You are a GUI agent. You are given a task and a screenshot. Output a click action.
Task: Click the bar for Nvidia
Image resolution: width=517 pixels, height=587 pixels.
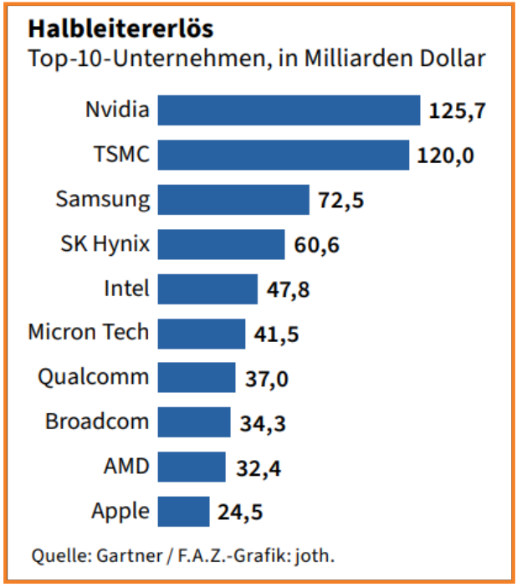(x=289, y=110)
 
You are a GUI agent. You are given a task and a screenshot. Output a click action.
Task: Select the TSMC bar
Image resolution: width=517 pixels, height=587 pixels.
(x=284, y=155)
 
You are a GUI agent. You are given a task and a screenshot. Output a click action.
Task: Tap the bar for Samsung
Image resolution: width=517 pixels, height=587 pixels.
(x=233, y=200)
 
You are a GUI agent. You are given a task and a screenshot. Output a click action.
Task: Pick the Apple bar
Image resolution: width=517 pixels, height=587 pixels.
(x=183, y=511)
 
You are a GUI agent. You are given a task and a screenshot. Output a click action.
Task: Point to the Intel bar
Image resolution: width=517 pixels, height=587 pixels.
(x=207, y=288)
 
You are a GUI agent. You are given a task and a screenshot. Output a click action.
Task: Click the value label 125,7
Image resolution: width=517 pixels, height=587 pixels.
(x=458, y=110)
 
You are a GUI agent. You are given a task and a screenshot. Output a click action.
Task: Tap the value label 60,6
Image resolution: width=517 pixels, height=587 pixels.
(x=316, y=245)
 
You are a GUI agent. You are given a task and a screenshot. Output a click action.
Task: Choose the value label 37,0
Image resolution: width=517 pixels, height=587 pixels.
(x=267, y=379)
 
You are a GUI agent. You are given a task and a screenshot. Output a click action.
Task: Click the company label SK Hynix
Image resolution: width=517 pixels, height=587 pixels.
(x=105, y=244)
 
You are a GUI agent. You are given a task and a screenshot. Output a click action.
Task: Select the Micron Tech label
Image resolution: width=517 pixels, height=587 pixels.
(x=88, y=332)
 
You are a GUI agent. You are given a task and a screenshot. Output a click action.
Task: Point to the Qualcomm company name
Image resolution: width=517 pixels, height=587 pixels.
(x=93, y=377)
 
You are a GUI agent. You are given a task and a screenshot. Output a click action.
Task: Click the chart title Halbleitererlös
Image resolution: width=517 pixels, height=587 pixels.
(x=120, y=29)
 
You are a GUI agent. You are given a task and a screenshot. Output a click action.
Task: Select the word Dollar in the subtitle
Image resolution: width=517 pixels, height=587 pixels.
(x=451, y=60)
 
